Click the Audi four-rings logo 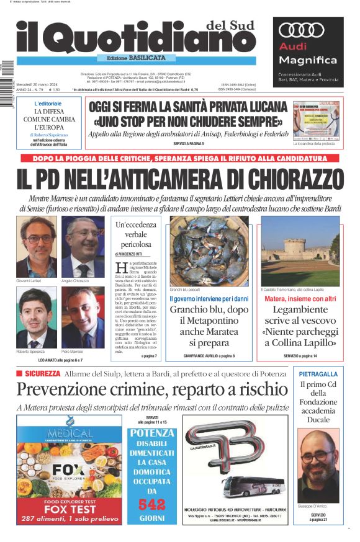click(x=302, y=29)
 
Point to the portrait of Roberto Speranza click(x=37, y=318)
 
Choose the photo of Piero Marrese click(x=83, y=318)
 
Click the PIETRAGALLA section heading click(x=318, y=375)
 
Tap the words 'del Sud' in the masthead click(x=230, y=25)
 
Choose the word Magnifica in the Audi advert click(x=308, y=60)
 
